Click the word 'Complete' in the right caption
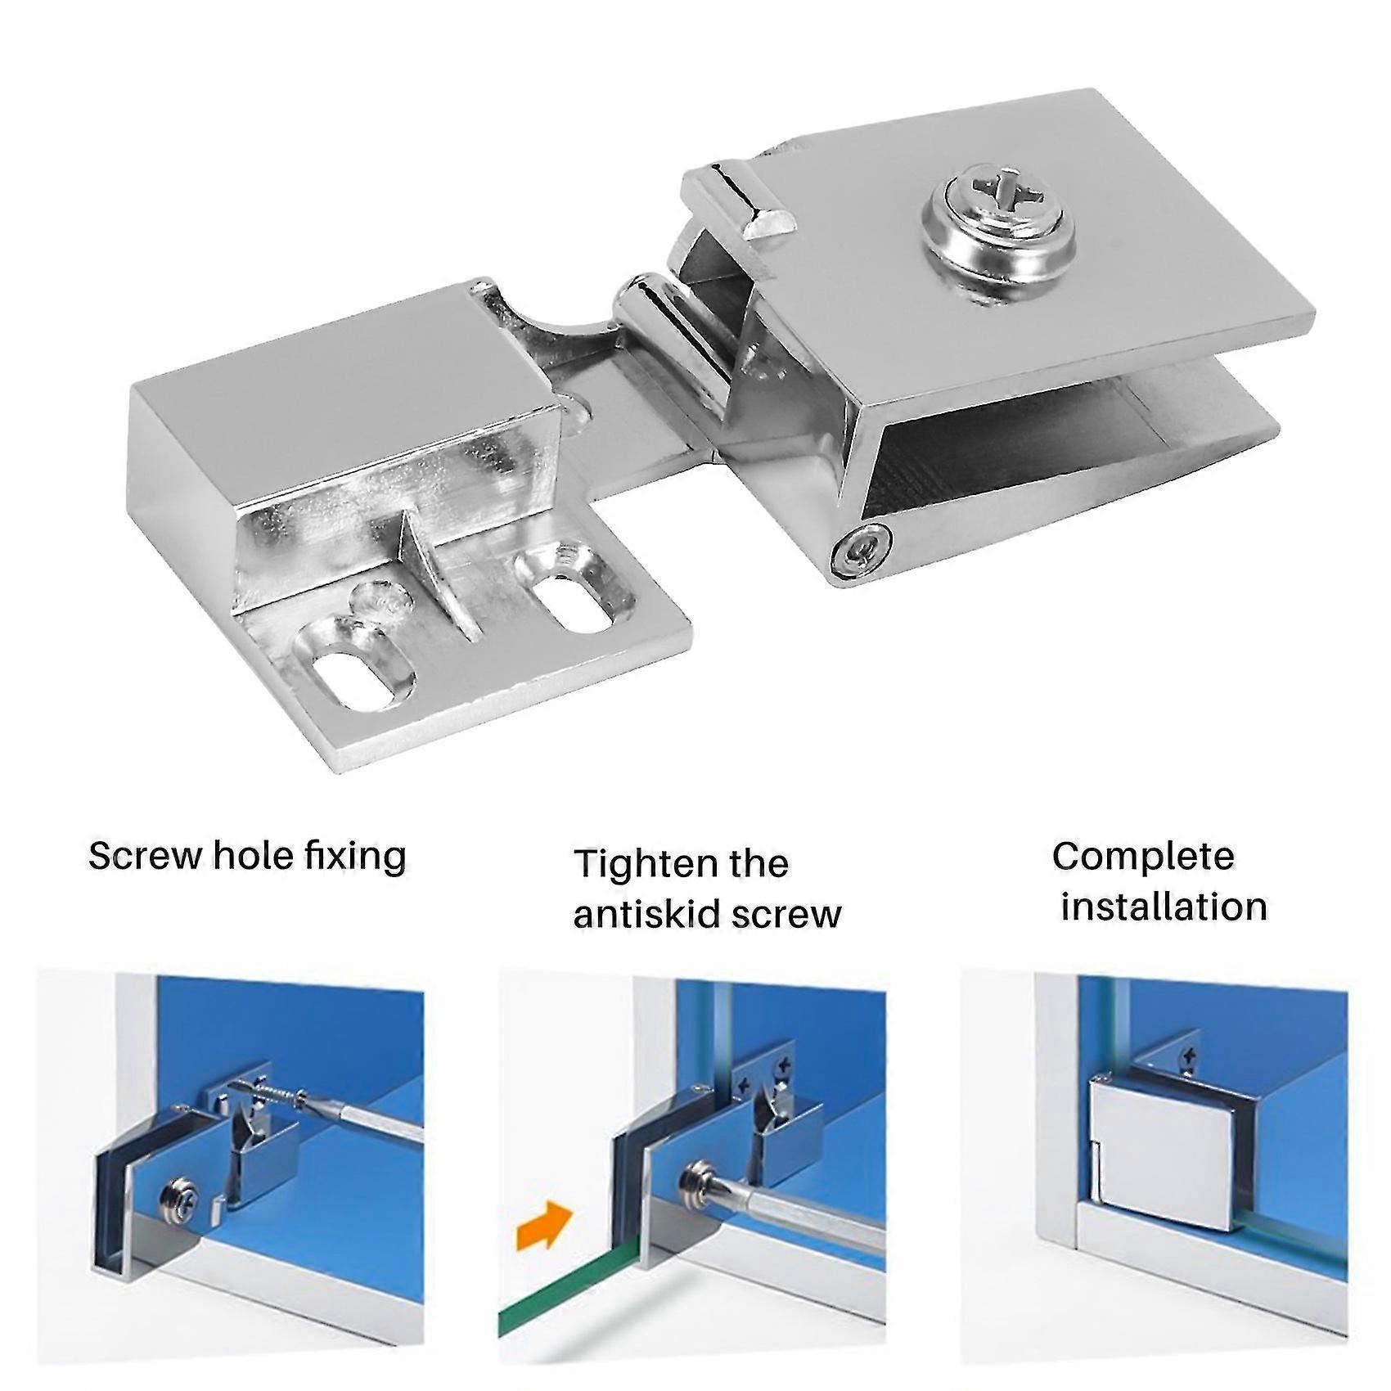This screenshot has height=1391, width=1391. point(1142,856)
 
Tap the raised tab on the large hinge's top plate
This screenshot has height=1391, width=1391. point(740,201)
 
